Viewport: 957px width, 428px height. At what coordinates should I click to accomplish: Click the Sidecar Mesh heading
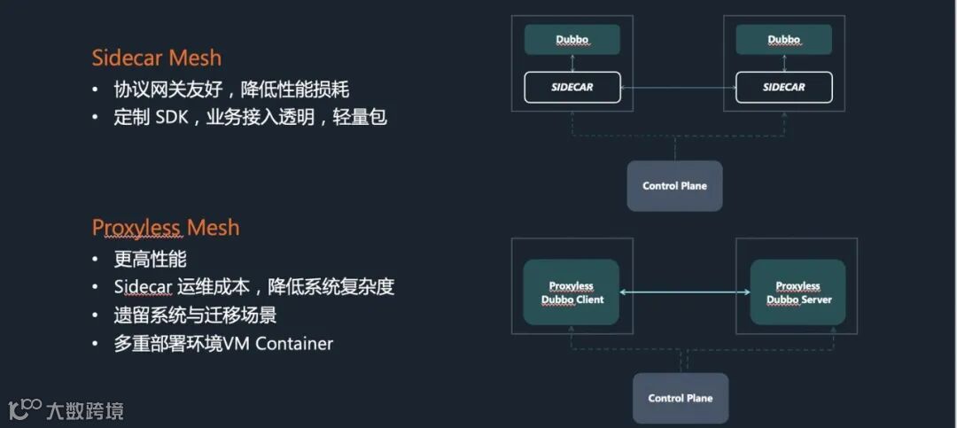coord(156,58)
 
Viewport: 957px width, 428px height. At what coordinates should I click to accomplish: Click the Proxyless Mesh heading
coord(166,228)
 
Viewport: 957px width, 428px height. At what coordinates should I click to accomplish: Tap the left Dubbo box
coord(572,40)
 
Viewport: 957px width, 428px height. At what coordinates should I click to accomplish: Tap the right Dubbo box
coord(784,40)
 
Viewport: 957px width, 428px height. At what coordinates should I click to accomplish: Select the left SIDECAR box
coord(572,88)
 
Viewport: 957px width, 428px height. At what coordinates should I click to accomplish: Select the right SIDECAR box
coord(784,88)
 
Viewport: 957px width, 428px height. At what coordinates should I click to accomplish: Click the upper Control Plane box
coord(674,186)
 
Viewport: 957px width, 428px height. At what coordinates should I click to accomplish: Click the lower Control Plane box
coord(680,398)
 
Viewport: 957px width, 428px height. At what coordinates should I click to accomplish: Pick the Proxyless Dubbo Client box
coord(572,293)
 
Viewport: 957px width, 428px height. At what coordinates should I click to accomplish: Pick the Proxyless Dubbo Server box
coord(798,293)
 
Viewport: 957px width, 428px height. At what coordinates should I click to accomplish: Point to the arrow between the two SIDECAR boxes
coord(678,88)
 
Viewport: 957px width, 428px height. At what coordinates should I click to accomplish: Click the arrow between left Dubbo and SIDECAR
coord(572,63)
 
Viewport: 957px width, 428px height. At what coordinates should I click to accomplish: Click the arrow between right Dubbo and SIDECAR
coord(785,63)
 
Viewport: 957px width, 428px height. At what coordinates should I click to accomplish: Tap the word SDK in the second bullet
coord(172,117)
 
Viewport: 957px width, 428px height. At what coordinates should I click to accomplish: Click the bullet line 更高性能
coord(150,260)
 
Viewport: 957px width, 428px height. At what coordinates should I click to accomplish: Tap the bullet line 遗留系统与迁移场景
coord(201,315)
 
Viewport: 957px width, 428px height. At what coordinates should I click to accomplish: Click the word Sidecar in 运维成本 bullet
coord(144,287)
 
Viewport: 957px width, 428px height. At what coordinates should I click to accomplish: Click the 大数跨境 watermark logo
coord(66,409)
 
